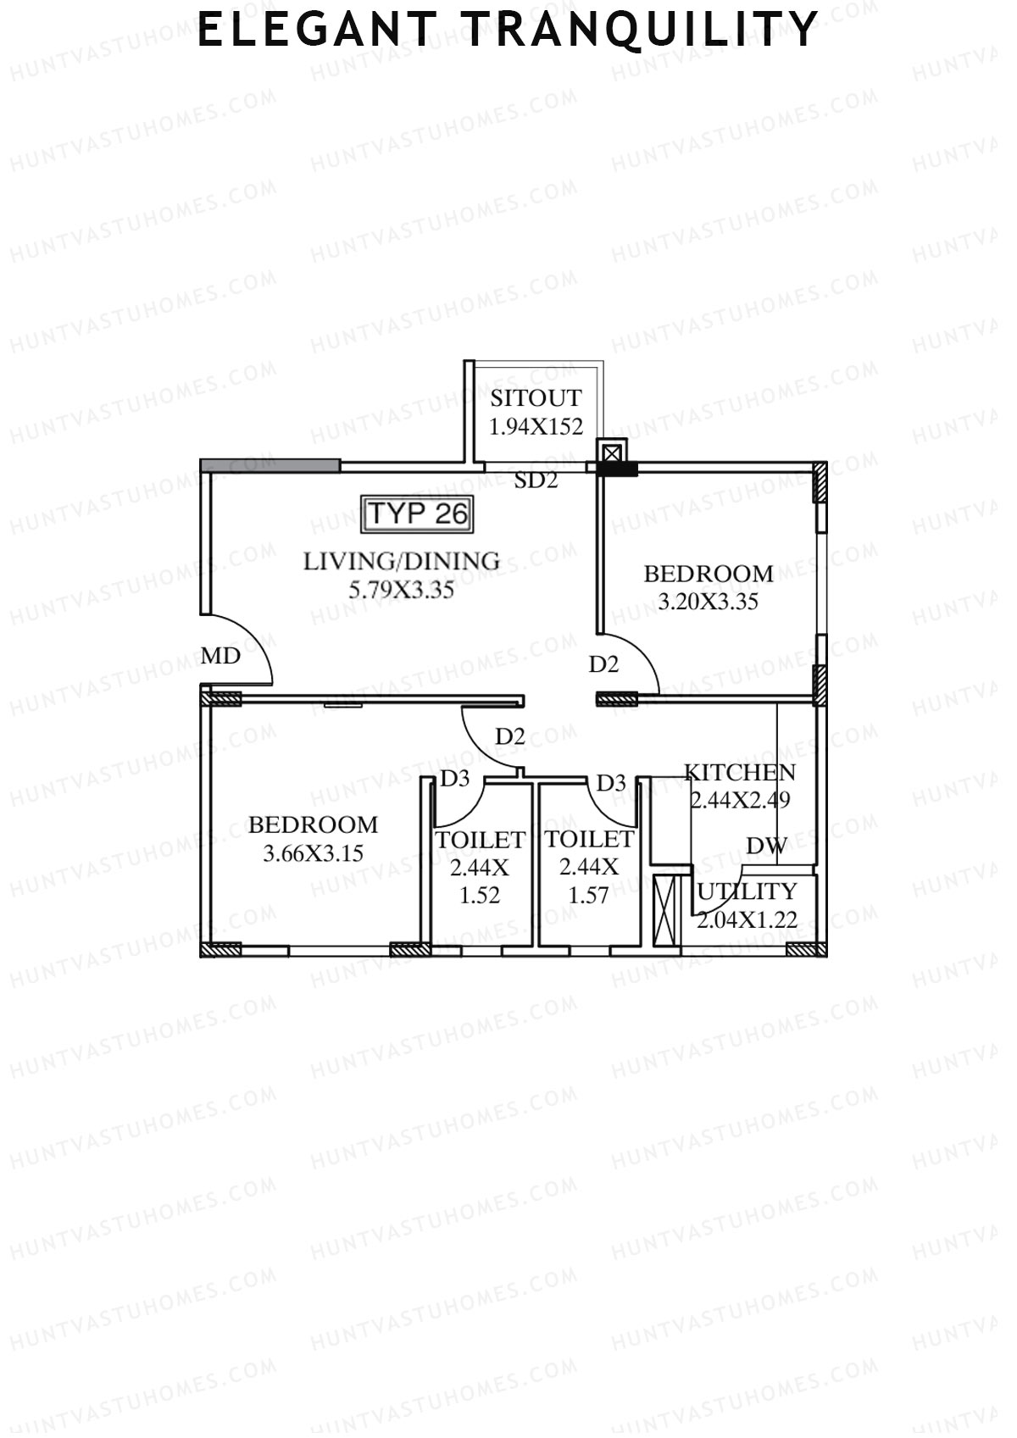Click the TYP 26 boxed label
[417, 514]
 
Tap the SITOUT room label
[536, 398]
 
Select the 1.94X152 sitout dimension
[536, 426]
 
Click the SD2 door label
[536, 480]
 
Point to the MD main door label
[220, 656]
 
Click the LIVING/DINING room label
[402, 561]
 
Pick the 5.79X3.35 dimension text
[402, 589]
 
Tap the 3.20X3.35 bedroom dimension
[709, 602]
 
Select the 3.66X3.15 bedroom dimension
[313, 853]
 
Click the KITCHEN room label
[740, 772]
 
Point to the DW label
[766, 845]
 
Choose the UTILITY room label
[747, 891]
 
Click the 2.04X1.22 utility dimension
[747, 919]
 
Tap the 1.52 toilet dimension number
[480, 896]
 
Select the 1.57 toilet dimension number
[588, 896]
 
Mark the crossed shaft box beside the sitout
[612, 451]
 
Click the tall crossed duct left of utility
[667, 911]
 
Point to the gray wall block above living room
[270, 465]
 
